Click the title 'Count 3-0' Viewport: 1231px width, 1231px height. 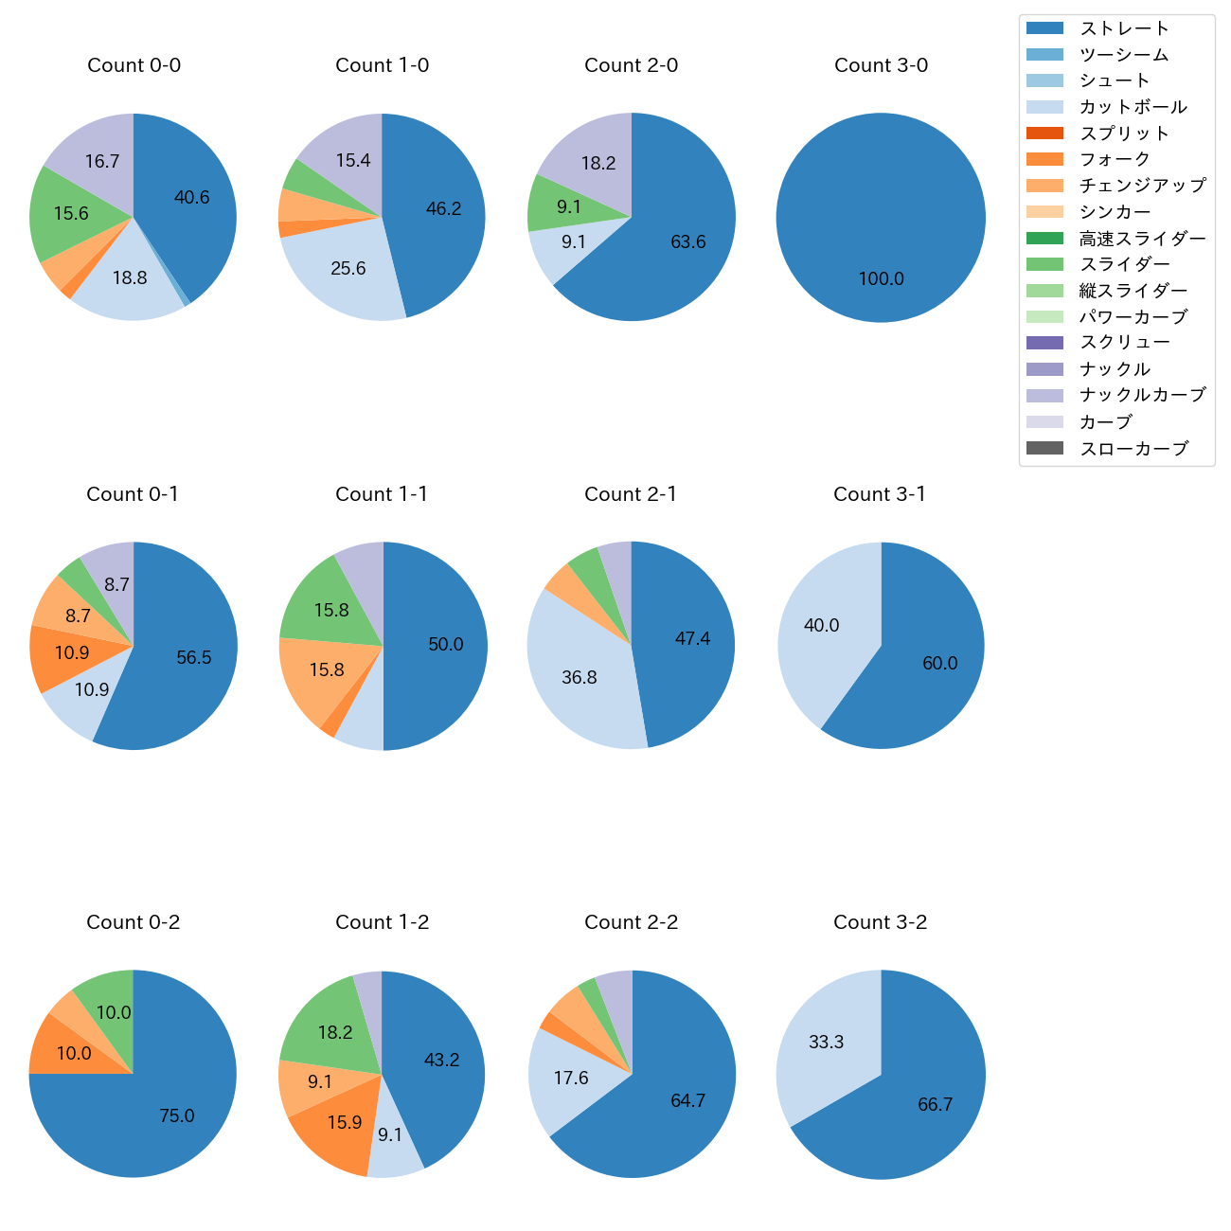(x=881, y=65)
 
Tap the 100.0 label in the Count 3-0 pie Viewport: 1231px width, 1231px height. (x=882, y=278)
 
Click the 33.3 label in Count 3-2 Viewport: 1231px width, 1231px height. (x=826, y=1042)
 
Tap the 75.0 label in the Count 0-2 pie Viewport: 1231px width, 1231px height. (x=177, y=1115)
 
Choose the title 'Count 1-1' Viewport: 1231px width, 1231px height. (x=382, y=494)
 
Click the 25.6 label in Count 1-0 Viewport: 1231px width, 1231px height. (x=348, y=268)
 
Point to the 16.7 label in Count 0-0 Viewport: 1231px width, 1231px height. (x=102, y=161)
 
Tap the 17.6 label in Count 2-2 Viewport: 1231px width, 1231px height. (x=571, y=1078)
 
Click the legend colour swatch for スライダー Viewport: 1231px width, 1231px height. (x=1044, y=264)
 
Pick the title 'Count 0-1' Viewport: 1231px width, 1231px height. (x=133, y=494)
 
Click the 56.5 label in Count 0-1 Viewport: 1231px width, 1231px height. (x=194, y=657)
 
